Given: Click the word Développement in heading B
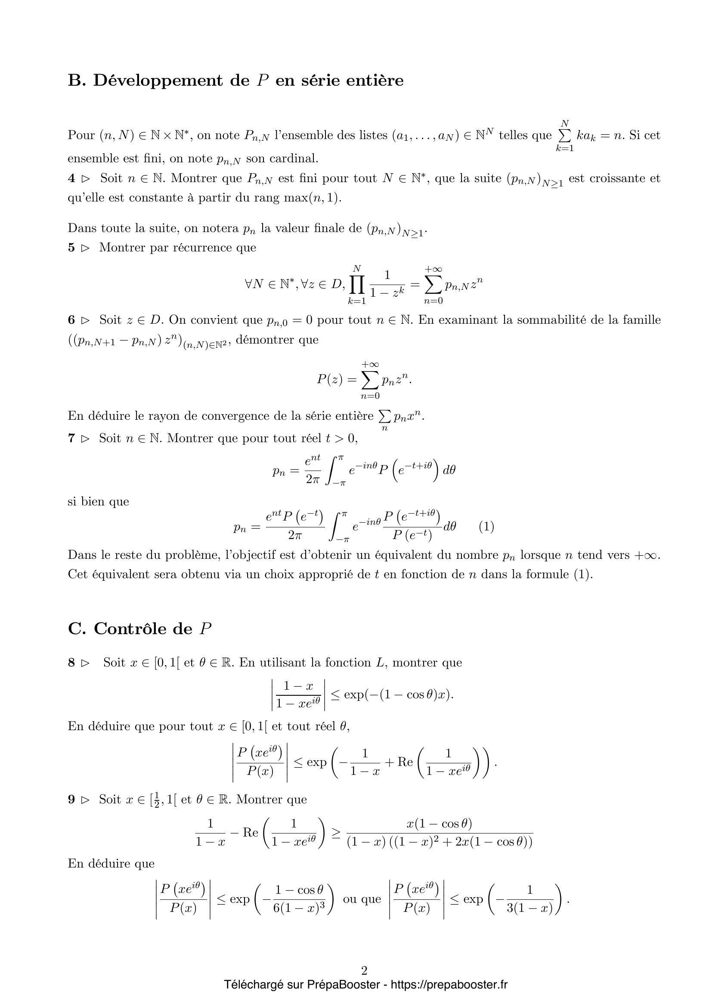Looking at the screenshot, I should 158,81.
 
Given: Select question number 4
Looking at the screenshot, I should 71,179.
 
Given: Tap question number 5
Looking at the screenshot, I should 71,248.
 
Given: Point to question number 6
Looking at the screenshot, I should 71,320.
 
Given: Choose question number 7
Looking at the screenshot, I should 71,438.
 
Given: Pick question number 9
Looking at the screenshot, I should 71,799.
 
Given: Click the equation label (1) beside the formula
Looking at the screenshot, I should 486,526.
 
